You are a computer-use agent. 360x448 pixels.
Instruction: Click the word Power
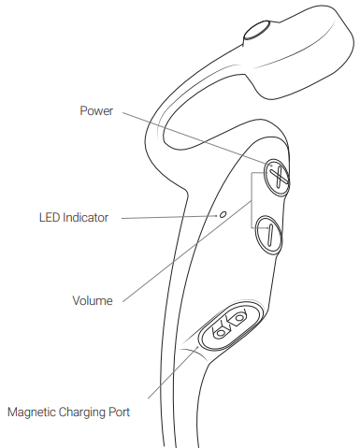96,110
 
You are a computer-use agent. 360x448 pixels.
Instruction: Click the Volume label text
92,301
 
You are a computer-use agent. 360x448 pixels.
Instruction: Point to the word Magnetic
33,411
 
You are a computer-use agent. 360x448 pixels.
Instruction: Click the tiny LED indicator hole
222,215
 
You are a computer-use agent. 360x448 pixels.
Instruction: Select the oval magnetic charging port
230,325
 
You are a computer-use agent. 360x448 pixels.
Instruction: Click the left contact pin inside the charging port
221,331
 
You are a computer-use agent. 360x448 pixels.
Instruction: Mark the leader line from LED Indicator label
168,217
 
